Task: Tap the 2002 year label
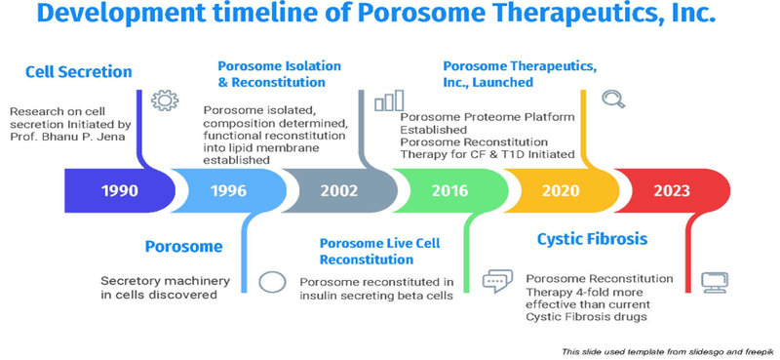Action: click(339, 189)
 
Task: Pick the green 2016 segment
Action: click(449, 189)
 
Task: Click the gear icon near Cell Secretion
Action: click(165, 100)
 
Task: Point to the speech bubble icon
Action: click(497, 281)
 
